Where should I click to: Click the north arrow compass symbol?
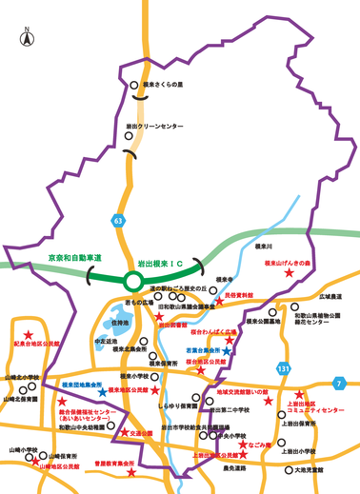[x=25, y=39]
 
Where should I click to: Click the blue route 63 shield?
[x=118, y=221]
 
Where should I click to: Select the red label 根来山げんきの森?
[x=288, y=263]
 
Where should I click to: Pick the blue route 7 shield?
[x=338, y=384]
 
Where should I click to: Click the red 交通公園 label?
[x=142, y=433]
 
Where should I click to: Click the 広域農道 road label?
[x=330, y=296]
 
